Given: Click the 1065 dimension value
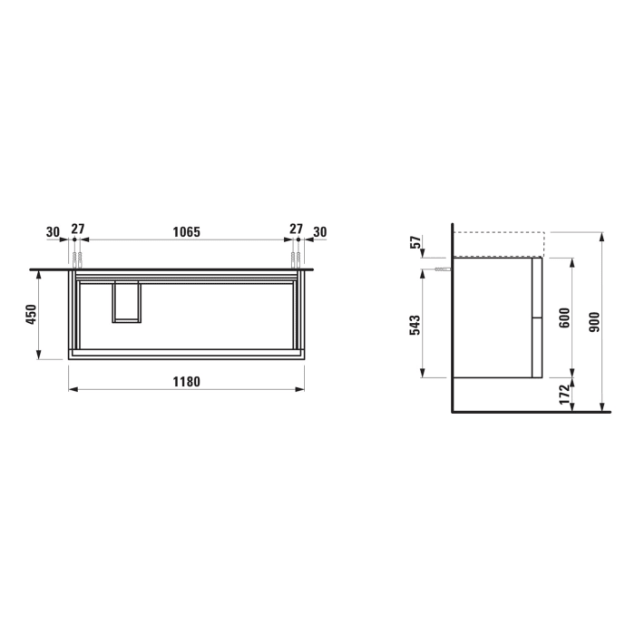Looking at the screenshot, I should pyautogui.click(x=186, y=232).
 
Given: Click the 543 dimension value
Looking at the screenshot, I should pyautogui.click(x=416, y=324).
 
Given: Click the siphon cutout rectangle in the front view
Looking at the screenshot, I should pyautogui.click(x=126, y=301).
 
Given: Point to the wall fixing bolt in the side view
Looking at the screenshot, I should pyautogui.click(x=442, y=269).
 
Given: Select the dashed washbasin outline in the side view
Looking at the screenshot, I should pyautogui.click(x=497, y=244).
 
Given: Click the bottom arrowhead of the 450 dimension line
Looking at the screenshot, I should pyautogui.click(x=39, y=355).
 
